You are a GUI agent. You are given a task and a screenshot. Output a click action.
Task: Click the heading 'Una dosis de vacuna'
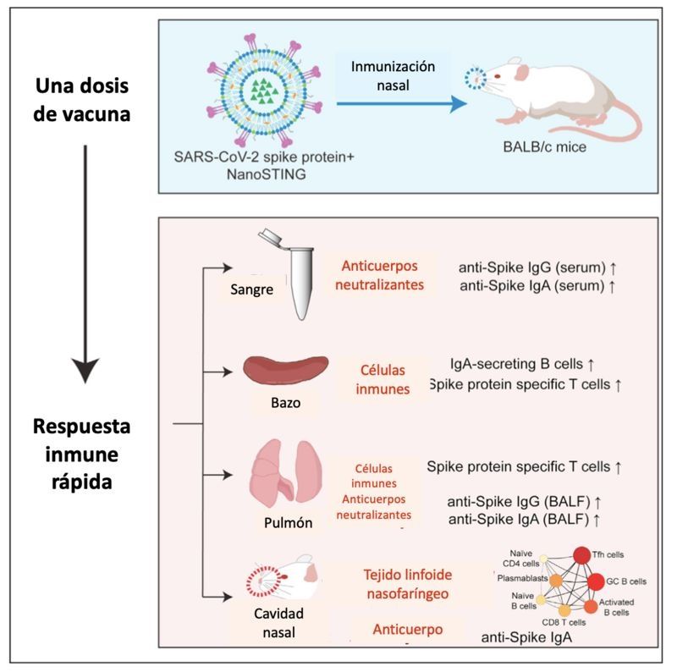tap(83, 100)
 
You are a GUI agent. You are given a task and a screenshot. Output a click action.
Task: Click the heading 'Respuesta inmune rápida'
tap(83, 454)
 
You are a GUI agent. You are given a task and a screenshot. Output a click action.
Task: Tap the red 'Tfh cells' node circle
tap(582, 556)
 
